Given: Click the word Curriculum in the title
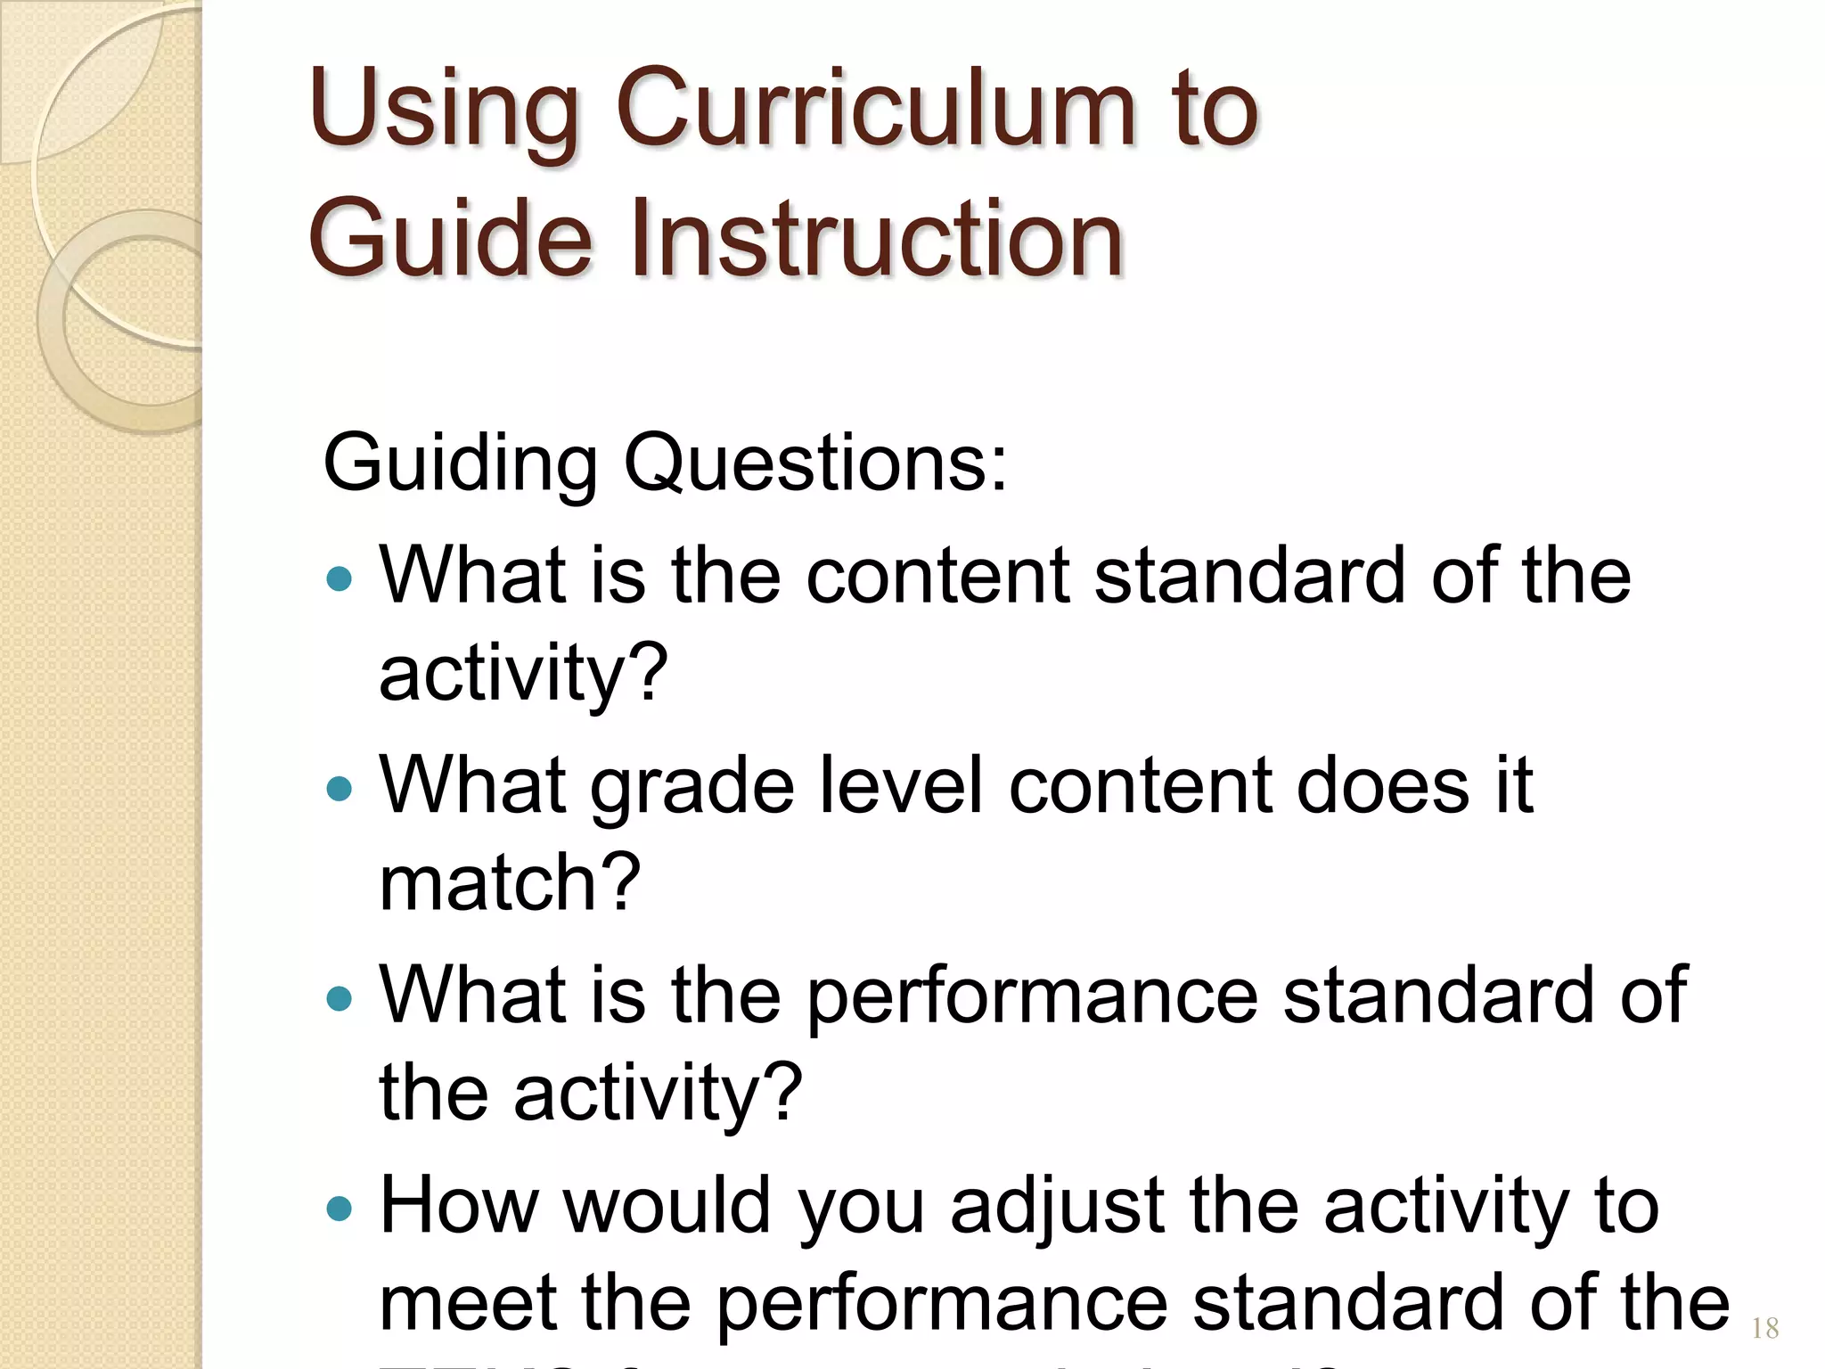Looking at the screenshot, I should pos(874,110).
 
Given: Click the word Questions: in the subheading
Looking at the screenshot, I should pos(814,463).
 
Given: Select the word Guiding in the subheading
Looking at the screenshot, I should pos(459,464).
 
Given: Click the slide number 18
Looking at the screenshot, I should pos(1764,1329).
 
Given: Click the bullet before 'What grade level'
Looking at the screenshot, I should pos(340,788).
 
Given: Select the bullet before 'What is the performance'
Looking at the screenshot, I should pos(340,998).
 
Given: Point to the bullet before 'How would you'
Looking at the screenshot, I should pos(340,1209).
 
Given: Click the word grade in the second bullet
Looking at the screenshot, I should pos(692,788).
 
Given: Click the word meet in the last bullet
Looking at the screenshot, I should pos(467,1303).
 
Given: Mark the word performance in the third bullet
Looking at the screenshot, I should pos(1032,998).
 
